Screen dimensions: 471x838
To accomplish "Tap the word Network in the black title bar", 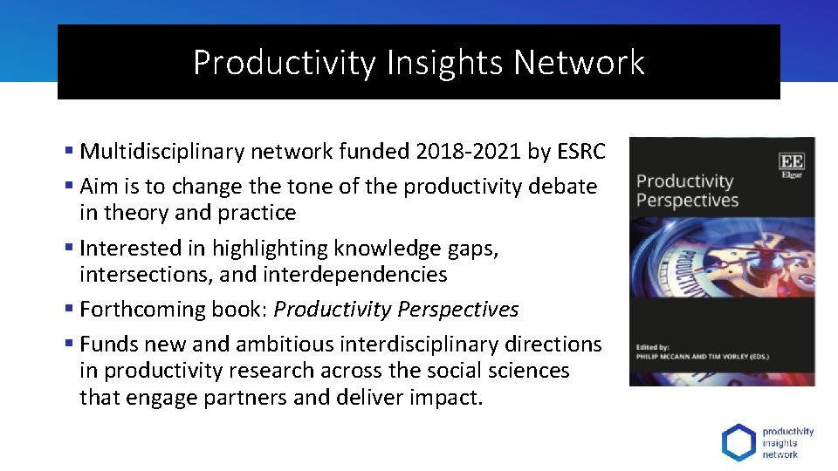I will tap(580, 63).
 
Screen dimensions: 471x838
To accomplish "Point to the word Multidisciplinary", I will tap(162, 152).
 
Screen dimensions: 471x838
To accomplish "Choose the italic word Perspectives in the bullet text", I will tap(458, 310).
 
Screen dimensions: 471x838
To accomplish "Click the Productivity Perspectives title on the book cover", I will tap(687, 191).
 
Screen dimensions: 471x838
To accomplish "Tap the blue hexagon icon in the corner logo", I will tap(738, 442).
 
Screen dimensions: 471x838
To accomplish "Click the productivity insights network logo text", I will tap(787, 442).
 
